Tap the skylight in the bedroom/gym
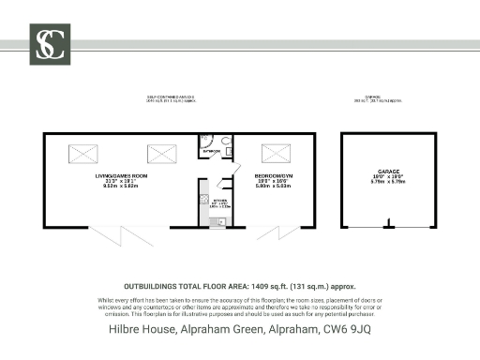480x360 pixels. tap(275, 152)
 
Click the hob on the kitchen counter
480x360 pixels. tap(203, 200)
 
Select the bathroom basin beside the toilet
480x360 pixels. tap(229, 150)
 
